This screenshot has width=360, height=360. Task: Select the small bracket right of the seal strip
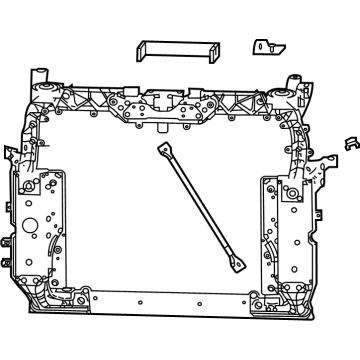[x=265, y=47]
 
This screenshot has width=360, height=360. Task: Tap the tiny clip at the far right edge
[x=349, y=143]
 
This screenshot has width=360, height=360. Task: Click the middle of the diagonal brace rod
[x=199, y=207]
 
